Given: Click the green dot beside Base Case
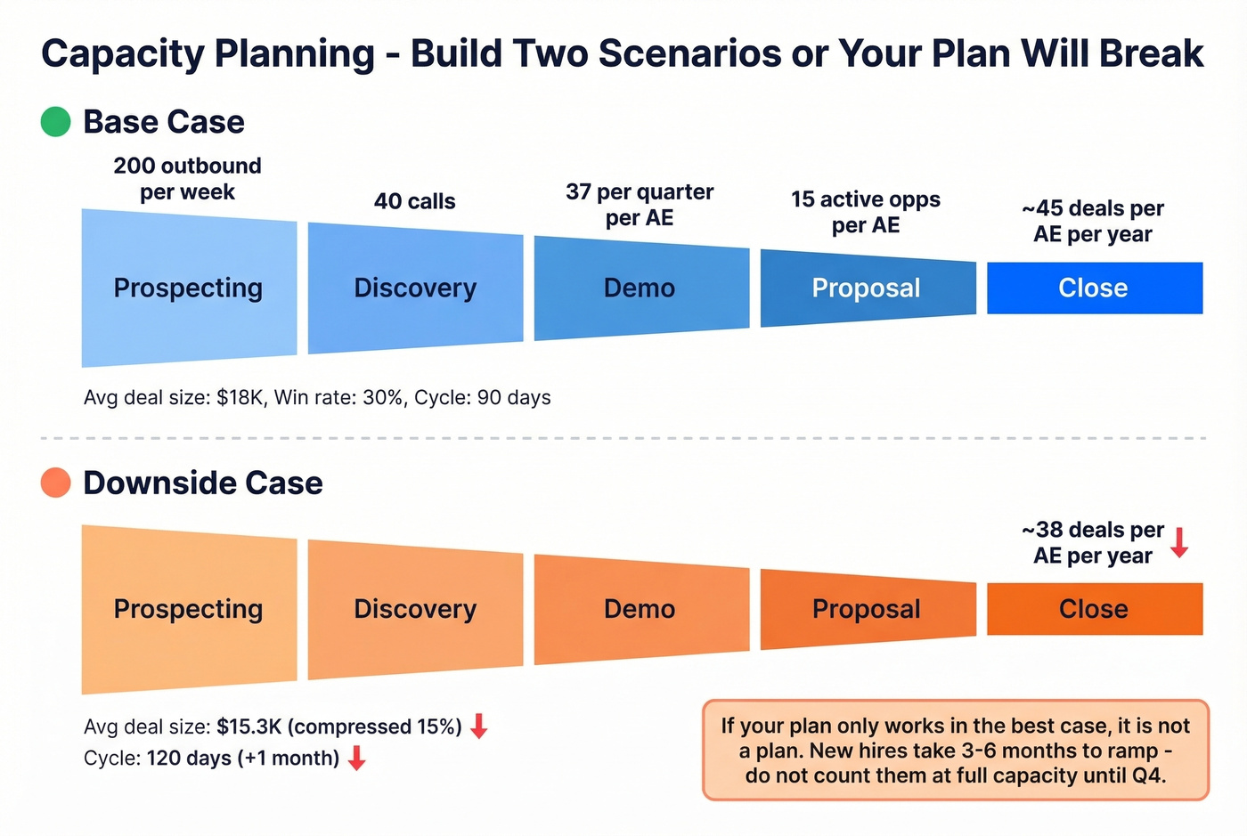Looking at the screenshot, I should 55,122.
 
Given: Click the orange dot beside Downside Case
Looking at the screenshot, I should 55,483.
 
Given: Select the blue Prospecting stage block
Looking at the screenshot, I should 189,288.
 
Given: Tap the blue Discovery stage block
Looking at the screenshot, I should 415,288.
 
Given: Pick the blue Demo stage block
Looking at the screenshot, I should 640,288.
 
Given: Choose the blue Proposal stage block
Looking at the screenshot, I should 867,288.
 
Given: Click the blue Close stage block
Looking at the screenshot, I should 1094,288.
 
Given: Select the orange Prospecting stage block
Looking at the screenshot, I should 189,609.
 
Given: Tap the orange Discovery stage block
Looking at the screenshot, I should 415,609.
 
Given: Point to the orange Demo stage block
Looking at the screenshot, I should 640,609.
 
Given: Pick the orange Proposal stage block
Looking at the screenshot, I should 867,609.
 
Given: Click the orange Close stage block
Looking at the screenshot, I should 1094,609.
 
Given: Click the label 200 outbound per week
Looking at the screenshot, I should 187,179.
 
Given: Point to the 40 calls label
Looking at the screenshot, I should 414,201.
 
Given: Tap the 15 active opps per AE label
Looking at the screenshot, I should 866,212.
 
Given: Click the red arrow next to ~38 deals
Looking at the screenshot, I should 1179,542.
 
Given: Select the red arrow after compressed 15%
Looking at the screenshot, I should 479,726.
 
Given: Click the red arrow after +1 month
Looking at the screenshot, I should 357,759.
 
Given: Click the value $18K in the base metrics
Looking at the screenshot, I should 240,397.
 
